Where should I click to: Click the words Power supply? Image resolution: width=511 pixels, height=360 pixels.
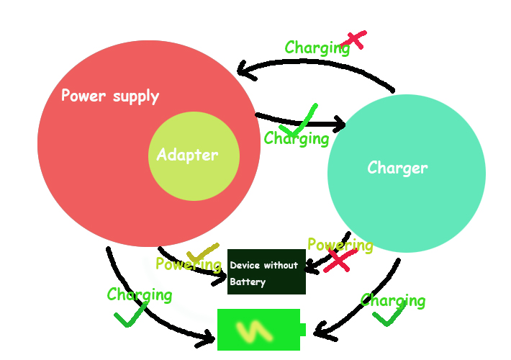click(x=110, y=96)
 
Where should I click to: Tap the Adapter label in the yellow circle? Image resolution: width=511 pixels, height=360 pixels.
click(x=187, y=155)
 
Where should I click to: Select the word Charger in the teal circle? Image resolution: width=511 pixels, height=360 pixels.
click(x=397, y=168)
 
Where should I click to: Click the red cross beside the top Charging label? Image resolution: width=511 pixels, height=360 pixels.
click(x=356, y=40)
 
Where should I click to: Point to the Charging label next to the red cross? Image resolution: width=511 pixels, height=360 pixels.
click(x=317, y=48)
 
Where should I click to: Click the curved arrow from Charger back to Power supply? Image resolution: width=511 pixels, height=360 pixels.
click(x=317, y=64)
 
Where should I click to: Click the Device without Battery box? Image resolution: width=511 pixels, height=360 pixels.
click(x=266, y=272)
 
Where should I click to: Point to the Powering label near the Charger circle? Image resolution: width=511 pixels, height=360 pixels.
click(x=340, y=245)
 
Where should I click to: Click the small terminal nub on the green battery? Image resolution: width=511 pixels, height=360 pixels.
click(x=303, y=330)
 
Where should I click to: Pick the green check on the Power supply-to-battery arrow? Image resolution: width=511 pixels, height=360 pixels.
click(x=131, y=314)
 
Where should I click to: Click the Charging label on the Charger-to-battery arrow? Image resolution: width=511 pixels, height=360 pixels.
click(x=393, y=300)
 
